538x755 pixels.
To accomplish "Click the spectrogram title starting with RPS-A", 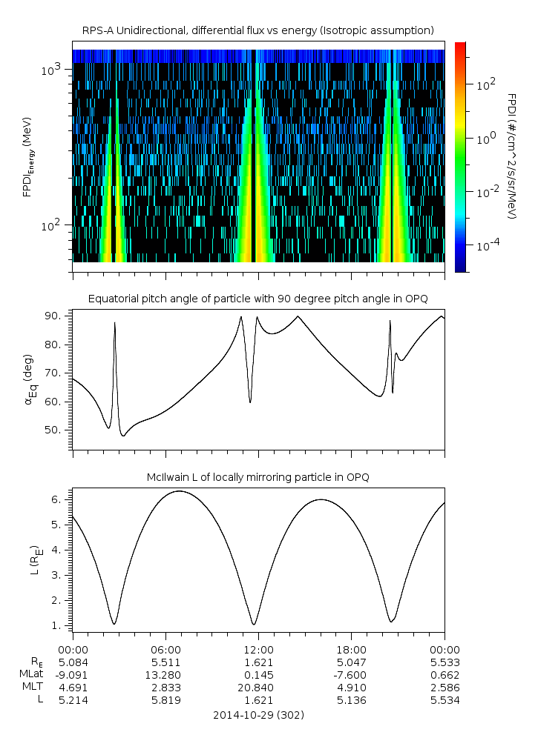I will [257, 30].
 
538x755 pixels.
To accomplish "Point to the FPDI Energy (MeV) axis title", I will [27, 156].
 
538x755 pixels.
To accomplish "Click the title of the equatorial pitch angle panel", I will [257, 299].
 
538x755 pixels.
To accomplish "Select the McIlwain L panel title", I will [257, 477].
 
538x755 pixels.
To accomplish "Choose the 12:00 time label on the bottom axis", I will [258, 649].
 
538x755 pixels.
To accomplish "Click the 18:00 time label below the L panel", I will [351, 649].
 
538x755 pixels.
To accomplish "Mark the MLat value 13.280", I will [165, 674].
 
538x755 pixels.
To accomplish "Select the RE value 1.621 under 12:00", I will [258, 662].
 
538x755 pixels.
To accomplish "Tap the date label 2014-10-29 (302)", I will [257, 715].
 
